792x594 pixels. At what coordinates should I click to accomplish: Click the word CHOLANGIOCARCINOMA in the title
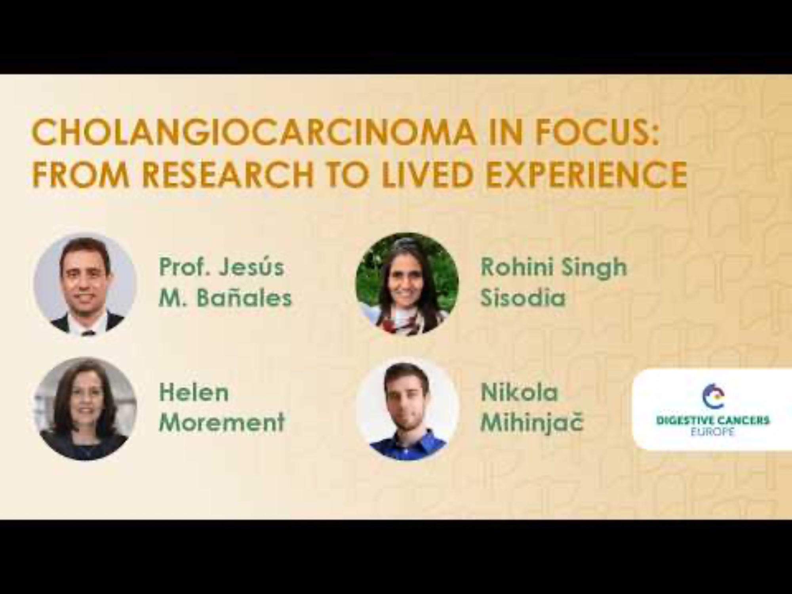253,131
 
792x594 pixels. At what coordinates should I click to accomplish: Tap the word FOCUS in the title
596,131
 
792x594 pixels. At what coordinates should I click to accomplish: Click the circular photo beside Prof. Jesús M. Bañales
86,284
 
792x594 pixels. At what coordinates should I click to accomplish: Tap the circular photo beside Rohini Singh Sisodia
407,284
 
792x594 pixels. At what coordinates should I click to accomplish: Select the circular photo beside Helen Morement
86,409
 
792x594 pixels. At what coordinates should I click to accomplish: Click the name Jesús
252,267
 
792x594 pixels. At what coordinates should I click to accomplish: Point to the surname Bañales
244,297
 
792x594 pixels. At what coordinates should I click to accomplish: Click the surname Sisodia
523,297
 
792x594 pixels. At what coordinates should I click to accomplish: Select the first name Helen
194,392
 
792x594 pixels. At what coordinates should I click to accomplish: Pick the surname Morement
222,422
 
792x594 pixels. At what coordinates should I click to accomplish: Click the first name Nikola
519,392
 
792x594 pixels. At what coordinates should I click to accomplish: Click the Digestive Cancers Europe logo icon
713,396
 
